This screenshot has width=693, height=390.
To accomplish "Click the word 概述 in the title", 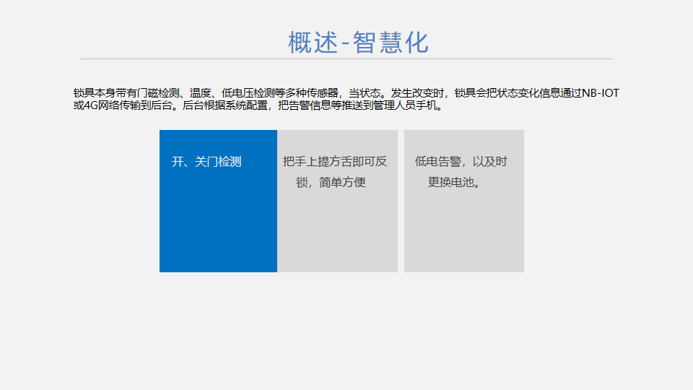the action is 313,43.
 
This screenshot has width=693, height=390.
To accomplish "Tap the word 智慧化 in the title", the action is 391,43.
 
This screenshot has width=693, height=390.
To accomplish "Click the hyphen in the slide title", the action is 346,44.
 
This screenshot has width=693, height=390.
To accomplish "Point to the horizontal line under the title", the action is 346,58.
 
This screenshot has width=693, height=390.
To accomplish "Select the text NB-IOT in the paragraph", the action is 601,93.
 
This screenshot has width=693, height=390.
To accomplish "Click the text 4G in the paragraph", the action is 91,105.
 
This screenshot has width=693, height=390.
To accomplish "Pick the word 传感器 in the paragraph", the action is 323,93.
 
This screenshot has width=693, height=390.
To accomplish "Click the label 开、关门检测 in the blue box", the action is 206,162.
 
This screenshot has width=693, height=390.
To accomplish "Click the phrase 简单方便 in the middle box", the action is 342,182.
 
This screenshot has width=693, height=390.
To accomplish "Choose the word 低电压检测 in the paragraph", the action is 248,93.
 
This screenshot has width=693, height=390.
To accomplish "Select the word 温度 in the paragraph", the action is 200,93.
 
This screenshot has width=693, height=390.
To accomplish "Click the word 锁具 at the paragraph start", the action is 84,93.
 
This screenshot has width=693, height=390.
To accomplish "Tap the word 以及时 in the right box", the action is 489,162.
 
